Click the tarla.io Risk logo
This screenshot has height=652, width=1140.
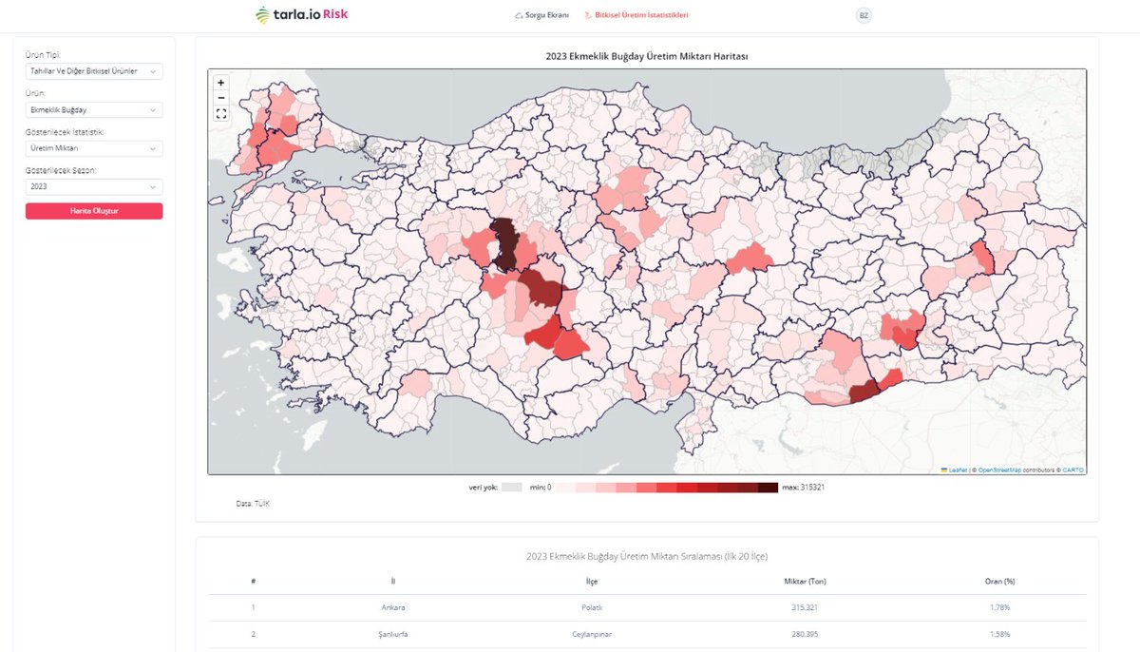[302, 15]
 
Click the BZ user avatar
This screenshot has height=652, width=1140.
[863, 16]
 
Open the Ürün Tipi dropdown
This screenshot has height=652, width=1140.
[93, 71]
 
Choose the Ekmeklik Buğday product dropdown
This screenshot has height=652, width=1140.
[93, 110]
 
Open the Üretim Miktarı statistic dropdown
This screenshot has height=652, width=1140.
[93, 148]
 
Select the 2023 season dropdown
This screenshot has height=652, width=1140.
[93, 187]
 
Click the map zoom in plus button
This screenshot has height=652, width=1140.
[221, 83]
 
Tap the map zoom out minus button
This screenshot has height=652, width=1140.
[221, 98]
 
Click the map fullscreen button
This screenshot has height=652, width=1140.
[221, 114]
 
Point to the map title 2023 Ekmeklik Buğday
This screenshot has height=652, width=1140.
[646, 56]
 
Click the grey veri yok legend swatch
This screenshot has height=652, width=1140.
[512, 488]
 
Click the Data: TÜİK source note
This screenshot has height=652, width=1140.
[253, 504]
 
